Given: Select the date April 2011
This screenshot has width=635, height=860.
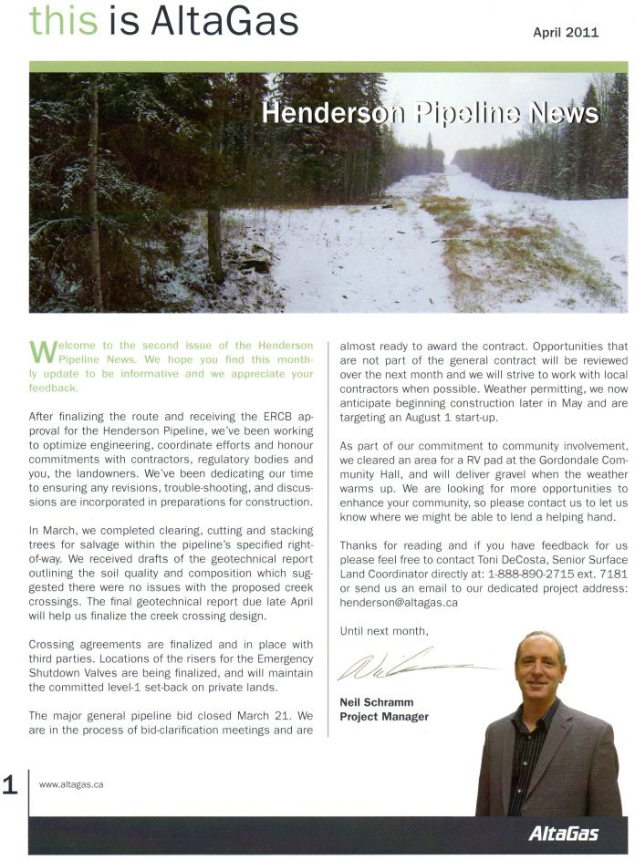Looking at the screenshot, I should pyautogui.click(x=566, y=32).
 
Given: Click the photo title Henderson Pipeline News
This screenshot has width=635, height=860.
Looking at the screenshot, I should pyautogui.click(x=430, y=112).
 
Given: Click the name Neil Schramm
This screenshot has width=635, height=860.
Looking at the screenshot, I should pyautogui.click(x=377, y=702).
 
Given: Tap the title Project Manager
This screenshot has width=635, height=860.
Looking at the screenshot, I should pyautogui.click(x=384, y=717).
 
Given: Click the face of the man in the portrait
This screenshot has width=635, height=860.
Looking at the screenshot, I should pyautogui.click(x=540, y=665).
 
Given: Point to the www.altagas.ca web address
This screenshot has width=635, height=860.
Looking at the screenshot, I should pyautogui.click(x=70, y=783).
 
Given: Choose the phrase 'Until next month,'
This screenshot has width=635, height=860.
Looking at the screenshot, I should pyautogui.click(x=382, y=630).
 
